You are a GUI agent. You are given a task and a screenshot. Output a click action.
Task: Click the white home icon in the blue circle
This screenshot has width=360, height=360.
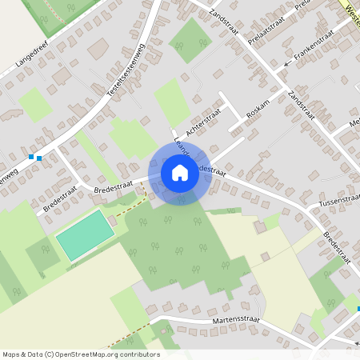(x=180, y=172)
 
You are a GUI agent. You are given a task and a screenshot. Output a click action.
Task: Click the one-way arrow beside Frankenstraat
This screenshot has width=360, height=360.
(x=287, y=62)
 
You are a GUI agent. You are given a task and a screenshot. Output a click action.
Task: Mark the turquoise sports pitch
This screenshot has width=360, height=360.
(x=80, y=234)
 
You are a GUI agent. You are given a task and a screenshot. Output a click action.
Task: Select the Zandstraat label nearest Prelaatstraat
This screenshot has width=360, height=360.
(x=223, y=17)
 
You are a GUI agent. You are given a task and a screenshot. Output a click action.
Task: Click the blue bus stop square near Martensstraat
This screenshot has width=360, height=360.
(x=358, y=309)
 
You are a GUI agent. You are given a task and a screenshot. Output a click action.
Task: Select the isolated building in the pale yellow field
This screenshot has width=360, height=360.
(x=260, y=228)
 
